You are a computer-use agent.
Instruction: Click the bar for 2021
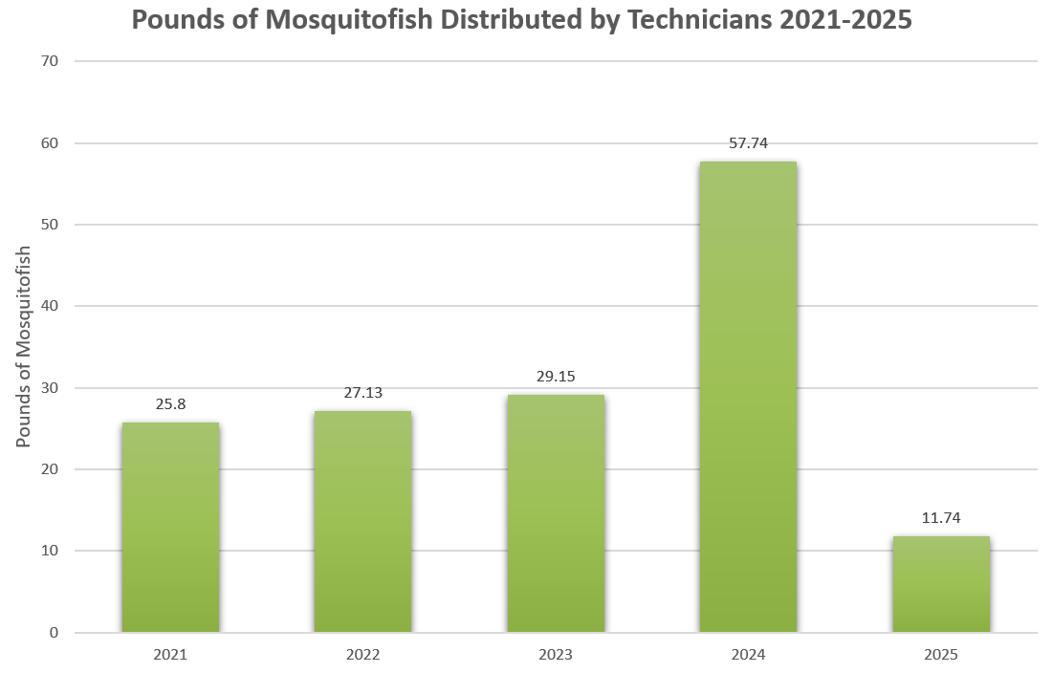coord(170,527)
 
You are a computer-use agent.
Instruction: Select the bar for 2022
coord(362,521)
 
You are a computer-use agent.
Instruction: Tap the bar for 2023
coord(556,513)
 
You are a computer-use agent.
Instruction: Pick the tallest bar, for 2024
coord(748,397)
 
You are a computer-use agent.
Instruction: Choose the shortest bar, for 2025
coord(941,584)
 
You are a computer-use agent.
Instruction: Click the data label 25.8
coord(170,404)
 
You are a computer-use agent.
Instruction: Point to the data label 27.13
coord(362,393)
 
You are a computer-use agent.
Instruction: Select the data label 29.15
coord(556,377)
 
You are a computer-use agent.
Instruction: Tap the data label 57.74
coord(748,143)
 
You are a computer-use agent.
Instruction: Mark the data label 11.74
coord(941,518)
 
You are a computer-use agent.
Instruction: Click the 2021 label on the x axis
coord(170,656)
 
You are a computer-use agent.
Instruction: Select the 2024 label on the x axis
coord(748,656)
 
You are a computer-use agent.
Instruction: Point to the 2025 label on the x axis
coord(941,656)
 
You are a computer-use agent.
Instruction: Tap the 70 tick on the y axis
coord(50,61)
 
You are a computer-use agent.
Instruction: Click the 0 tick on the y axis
coord(54,633)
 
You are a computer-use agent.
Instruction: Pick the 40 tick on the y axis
coord(50,307)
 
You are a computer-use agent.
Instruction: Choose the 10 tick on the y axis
coord(50,552)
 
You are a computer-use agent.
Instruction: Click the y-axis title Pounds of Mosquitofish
coord(24,346)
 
